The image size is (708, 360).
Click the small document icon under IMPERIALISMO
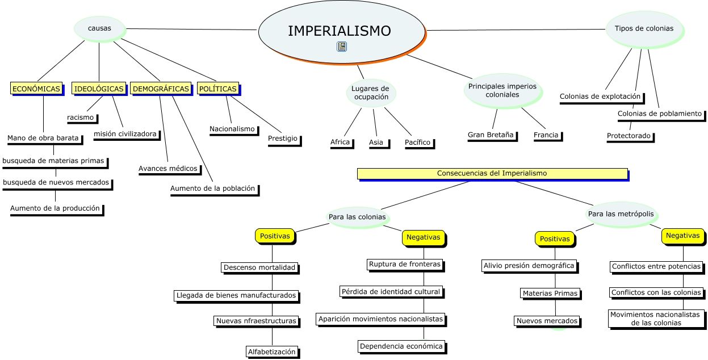[342, 47]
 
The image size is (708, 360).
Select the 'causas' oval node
[99, 28]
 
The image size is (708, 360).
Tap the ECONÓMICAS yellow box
[36, 89]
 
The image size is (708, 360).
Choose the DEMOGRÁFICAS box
[161, 89]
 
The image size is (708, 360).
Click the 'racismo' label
[80, 118]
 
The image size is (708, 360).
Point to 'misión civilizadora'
[125, 133]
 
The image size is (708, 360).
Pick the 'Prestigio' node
[283, 139]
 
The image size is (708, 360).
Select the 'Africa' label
[340, 142]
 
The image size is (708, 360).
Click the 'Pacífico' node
[417, 142]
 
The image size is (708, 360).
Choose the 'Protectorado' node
[629, 136]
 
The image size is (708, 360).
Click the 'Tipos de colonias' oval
[644, 28]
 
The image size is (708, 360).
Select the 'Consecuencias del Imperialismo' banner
[492, 173]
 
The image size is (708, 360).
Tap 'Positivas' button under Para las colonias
[275, 236]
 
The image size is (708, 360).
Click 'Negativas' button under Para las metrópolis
[682, 236]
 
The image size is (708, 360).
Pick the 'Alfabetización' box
[271, 351]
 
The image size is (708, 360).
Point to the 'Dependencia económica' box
[401, 346]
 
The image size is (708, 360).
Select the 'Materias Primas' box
[550, 294]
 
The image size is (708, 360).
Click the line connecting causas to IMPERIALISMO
[191, 30]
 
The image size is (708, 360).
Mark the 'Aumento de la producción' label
[55, 208]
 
